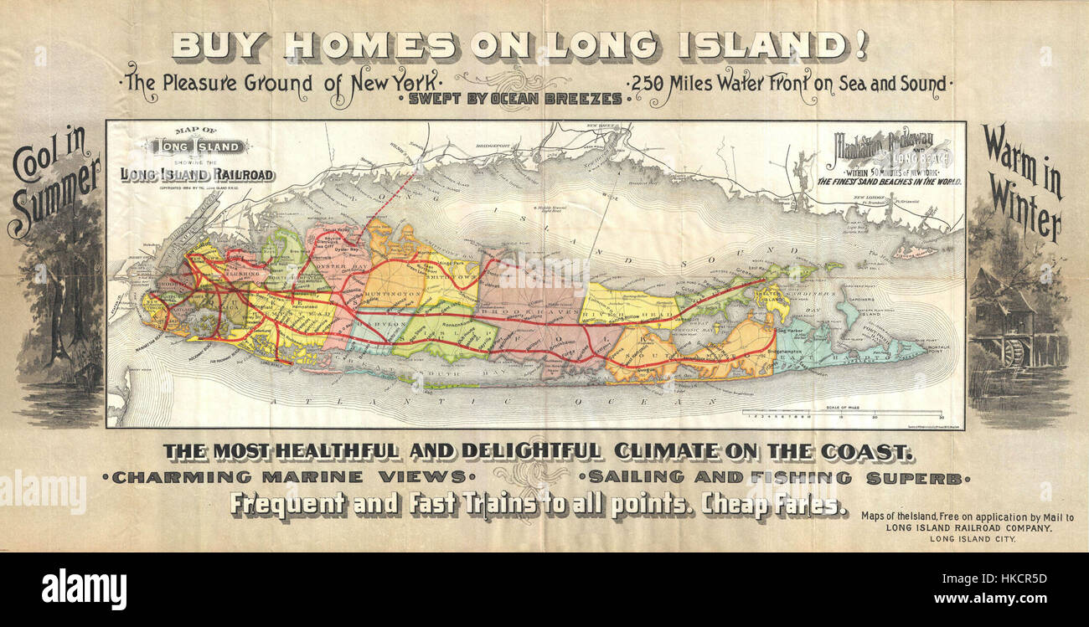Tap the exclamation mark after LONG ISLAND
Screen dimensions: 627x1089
[x=860, y=45]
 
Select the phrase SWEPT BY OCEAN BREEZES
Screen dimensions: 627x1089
[x=515, y=99]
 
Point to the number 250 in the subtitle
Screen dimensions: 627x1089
[x=648, y=84]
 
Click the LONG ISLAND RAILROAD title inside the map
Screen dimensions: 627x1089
[x=197, y=174]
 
